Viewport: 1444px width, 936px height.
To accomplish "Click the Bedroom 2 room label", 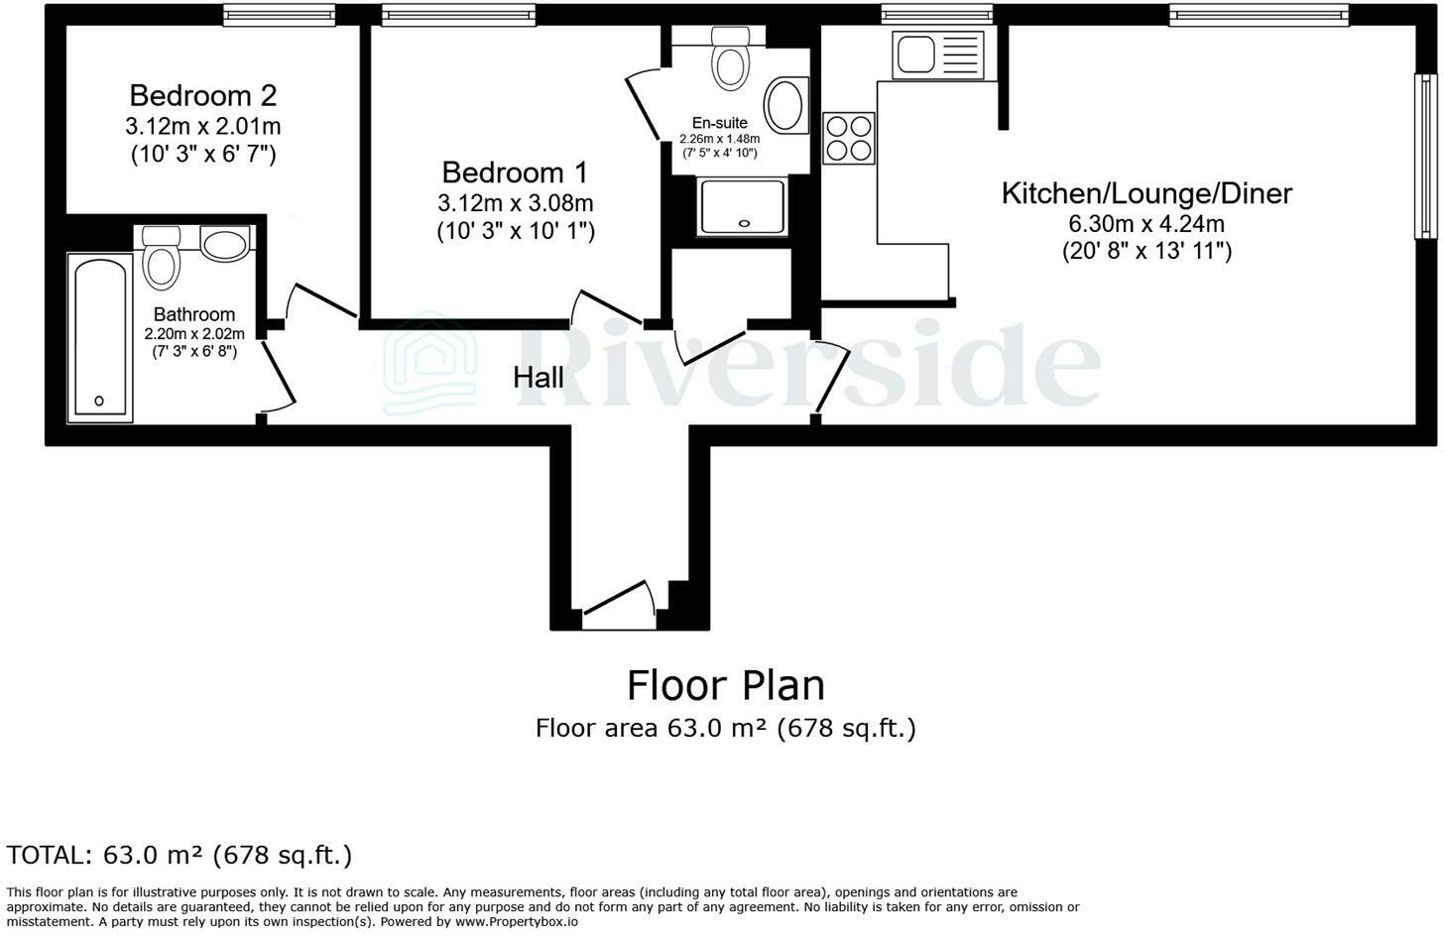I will point(202,96).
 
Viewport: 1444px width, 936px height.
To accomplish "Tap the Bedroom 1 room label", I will point(515,173).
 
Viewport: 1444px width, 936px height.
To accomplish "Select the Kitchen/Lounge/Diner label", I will point(1146,193).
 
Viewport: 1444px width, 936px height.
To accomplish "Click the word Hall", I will point(539,378).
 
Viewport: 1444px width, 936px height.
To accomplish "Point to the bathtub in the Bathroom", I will point(99,337).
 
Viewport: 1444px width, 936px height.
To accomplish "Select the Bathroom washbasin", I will point(225,243).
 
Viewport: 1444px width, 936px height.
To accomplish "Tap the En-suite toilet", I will point(731,59).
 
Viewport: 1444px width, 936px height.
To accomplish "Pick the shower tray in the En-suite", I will point(742,207).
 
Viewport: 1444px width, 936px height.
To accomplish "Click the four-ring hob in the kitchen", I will point(849,138).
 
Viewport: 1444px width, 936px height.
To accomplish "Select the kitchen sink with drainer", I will point(937,55).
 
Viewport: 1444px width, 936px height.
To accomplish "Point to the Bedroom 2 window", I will point(266,14).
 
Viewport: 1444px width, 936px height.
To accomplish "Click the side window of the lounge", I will point(1424,156).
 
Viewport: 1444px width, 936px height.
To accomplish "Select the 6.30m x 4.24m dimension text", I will point(1146,224).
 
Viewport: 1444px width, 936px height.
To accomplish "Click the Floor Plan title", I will point(725,685).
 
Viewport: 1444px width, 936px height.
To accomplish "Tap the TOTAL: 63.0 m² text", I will point(180,855).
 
